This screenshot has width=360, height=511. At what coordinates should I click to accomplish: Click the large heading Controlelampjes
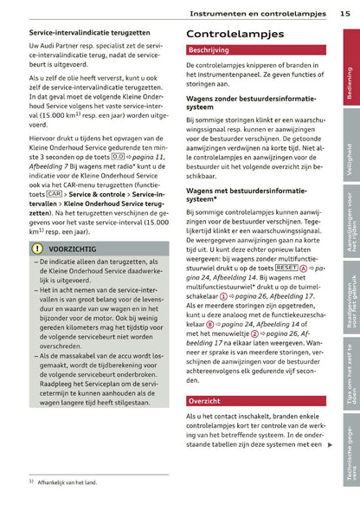tap(235, 34)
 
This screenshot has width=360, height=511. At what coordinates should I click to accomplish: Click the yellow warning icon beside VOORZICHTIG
tap(38, 249)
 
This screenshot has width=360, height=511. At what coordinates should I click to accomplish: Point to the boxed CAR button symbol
tap(55, 194)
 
